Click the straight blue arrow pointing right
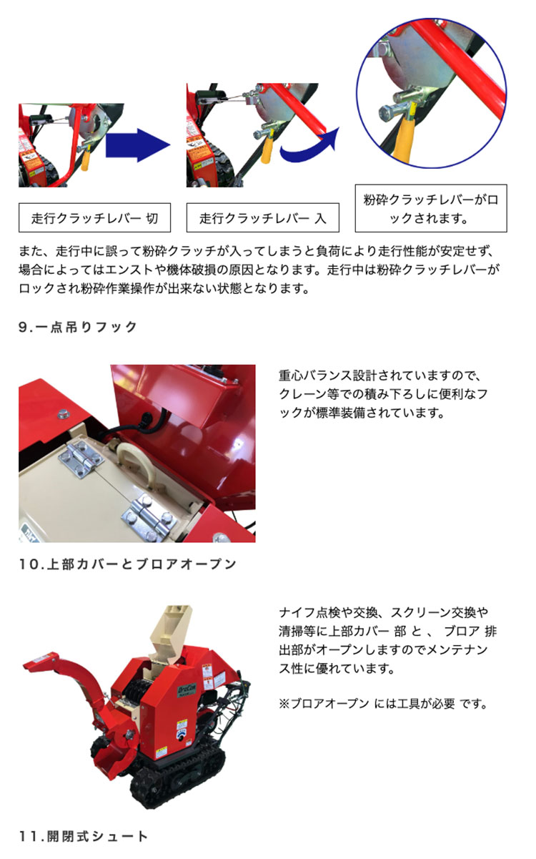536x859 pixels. coord(137,145)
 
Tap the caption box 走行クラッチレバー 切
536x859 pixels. coord(94,218)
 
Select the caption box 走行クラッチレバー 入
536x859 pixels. coord(263,218)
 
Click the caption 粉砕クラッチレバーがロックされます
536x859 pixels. coord(431,208)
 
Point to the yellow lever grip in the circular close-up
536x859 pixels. coord(404,140)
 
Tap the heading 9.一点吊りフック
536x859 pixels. coord(78,327)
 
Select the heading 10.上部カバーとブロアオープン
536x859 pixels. coord(128,564)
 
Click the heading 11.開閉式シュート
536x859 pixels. coord(83,836)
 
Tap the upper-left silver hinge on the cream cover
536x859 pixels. coord(81,460)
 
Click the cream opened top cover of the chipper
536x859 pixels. coord(169,628)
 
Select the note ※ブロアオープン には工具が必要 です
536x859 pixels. coord(384,704)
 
